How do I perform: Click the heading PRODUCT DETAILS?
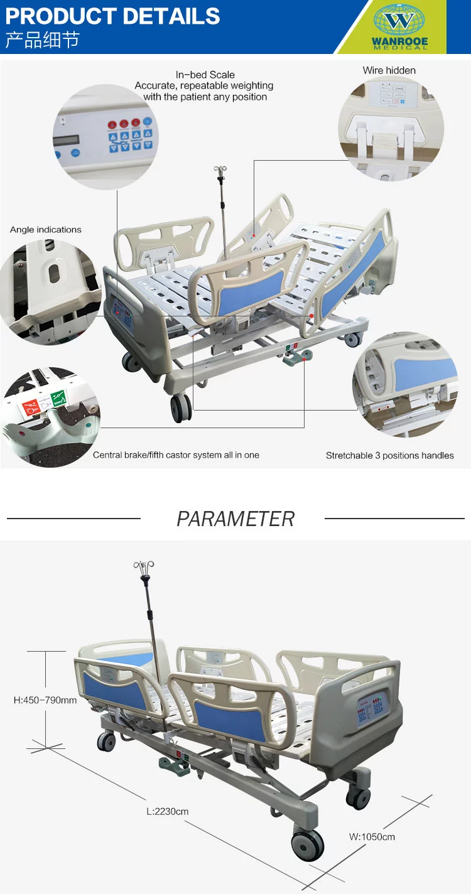coord(112,16)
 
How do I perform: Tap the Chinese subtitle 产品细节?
coord(42,40)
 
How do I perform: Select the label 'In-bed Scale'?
coord(205,75)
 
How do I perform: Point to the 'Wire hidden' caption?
coord(389,70)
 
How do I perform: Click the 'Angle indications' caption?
coord(45,230)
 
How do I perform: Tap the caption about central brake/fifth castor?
coord(176,455)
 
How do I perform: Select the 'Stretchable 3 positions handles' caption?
coord(389,455)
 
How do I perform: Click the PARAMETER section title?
coord(235,519)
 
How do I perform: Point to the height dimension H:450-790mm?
coord(45,699)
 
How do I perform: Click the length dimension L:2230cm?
coord(167,811)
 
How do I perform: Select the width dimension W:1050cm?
coord(372,837)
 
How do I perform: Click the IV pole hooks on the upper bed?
coord(220,170)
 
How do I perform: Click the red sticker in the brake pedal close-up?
coord(30,407)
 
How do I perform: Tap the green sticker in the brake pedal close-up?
coord(58,398)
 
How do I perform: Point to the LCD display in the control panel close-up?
coord(67,141)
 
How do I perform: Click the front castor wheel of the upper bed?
coord(181,407)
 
